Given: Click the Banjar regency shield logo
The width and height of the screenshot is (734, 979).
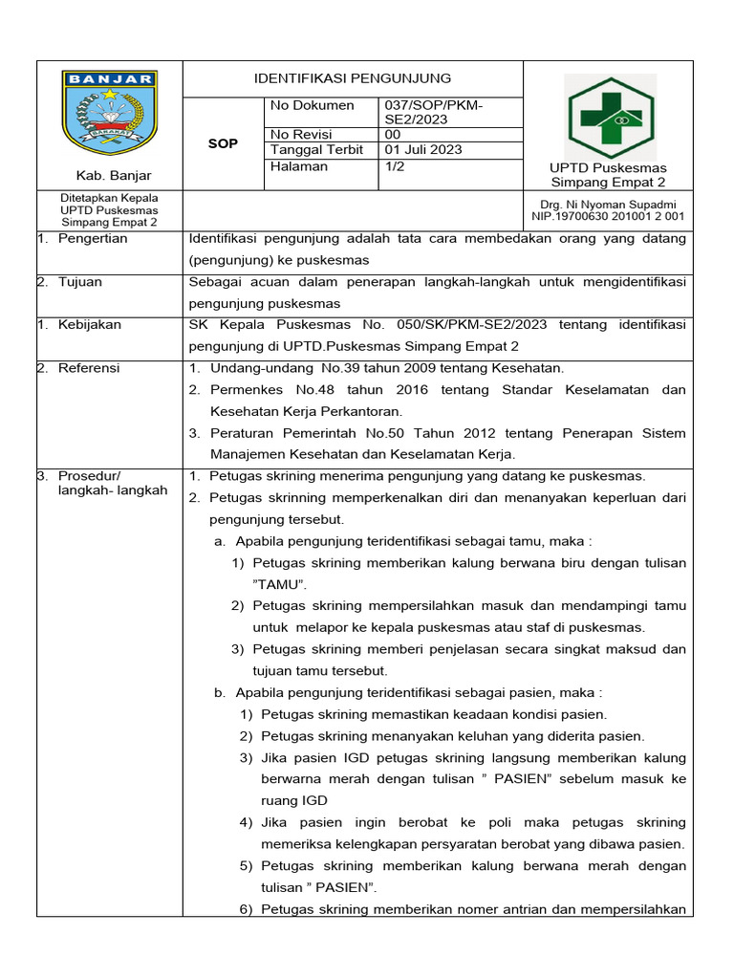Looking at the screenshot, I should (x=109, y=112).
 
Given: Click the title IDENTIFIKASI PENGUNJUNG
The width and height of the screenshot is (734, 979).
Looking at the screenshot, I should (x=352, y=78).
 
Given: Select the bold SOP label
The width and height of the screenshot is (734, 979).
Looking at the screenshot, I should (x=223, y=143).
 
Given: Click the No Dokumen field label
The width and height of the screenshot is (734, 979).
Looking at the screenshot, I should (x=313, y=105).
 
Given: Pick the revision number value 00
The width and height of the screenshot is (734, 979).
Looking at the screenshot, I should (x=393, y=135).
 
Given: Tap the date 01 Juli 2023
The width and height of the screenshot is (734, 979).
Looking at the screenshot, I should (x=423, y=150).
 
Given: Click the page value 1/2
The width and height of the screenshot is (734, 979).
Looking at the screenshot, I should (x=393, y=166).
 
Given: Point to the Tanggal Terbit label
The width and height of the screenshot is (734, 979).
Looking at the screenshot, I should (x=316, y=150).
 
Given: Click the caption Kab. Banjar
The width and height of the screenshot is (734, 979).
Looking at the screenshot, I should (x=109, y=176).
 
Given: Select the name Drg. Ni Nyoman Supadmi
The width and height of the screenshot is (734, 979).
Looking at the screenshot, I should (x=608, y=205).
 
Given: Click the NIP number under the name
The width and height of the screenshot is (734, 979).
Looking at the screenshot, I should (x=608, y=216).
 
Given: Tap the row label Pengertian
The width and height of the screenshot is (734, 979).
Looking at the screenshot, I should (x=93, y=239).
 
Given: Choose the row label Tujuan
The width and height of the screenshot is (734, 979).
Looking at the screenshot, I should (x=80, y=283).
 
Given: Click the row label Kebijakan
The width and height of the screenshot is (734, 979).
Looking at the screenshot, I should (x=89, y=325).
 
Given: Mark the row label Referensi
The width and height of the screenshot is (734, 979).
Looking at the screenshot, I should (x=89, y=368).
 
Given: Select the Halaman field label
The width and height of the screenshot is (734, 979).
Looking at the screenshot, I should (x=299, y=166).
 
